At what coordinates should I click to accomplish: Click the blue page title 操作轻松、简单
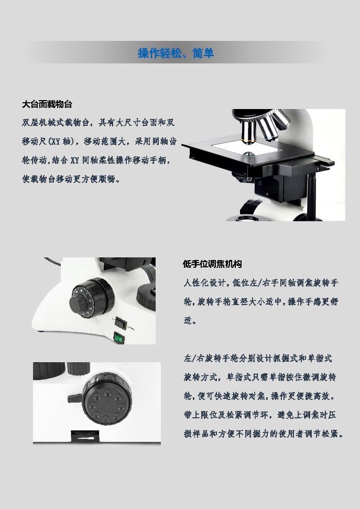coord(176,53)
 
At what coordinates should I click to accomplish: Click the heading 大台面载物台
coord(47,104)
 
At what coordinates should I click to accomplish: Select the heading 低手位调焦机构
coord(212,264)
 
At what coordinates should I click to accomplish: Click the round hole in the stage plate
coord(249,154)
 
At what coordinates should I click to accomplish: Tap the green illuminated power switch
coord(118,338)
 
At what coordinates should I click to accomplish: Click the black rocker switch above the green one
coord(121,323)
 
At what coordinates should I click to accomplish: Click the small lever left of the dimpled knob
coord(75,398)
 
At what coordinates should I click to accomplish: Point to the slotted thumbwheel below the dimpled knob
coord(85,435)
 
